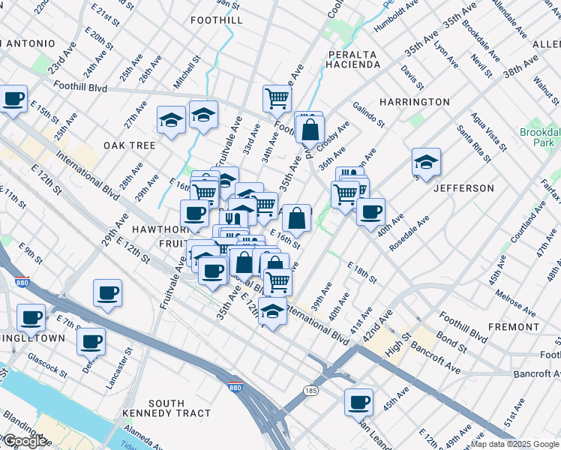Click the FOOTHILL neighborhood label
[217, 20]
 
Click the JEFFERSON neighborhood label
[463, 188]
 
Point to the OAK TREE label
[130, 145]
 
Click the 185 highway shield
[310, 390]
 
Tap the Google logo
[25, 441]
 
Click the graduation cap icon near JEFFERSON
[426, 161]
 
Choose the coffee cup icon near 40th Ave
[370, 211]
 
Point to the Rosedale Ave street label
[413, 229]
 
